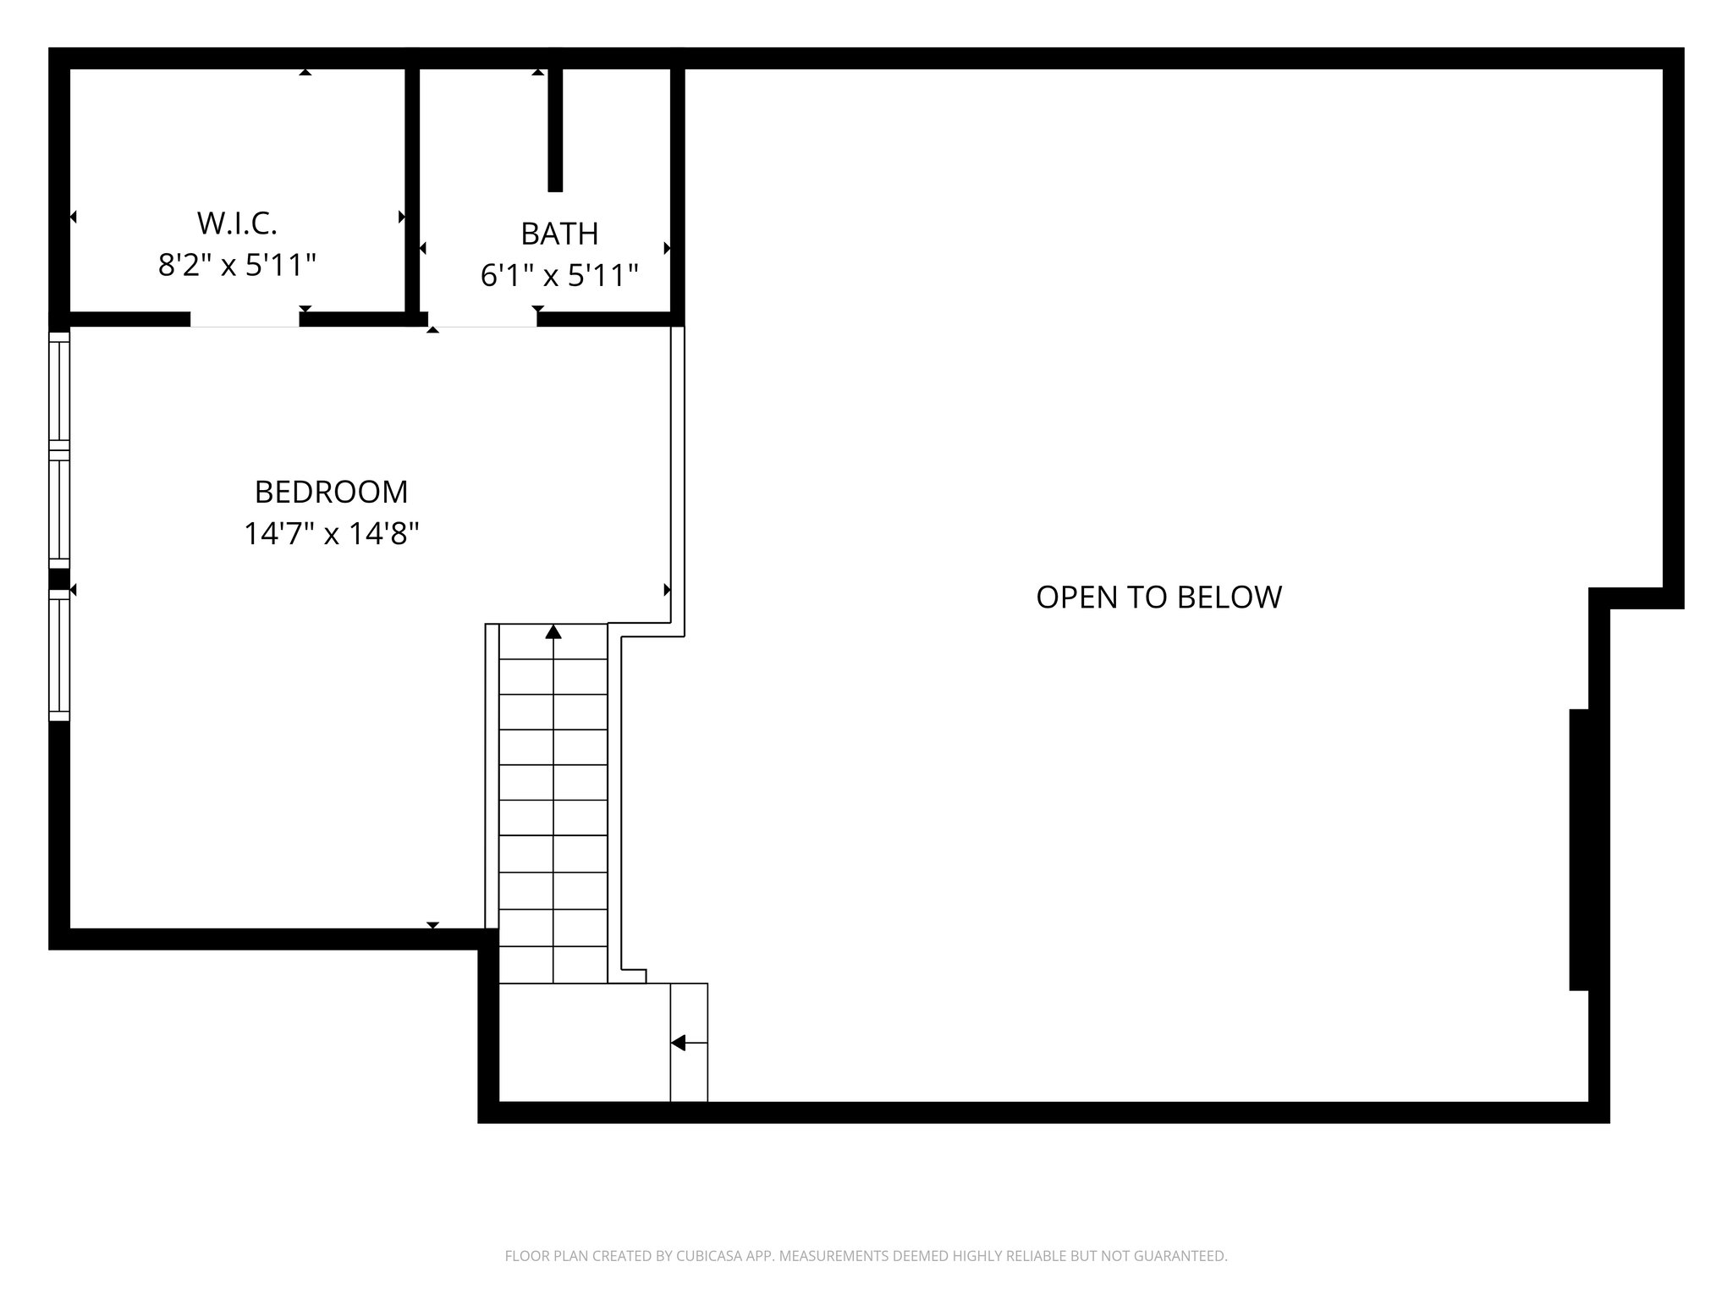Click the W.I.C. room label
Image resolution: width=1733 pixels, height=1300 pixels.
pyautogui.click(x=237, y=223)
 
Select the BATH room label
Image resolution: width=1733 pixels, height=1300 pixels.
pyautogui.click(x=559, y=233)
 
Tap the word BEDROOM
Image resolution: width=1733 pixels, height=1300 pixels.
pyautogui.click(x=331, y=492)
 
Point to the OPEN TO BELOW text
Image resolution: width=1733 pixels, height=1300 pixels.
pyautogui.click(x=1158, y=597)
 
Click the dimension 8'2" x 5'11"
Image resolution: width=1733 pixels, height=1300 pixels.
pyautogui.click(x=237, y=266)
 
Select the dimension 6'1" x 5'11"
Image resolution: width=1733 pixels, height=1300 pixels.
pyautogui.click(x=559, y=275)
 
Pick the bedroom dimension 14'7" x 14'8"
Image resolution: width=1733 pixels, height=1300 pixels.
pyautogui.click(x=331, y=534)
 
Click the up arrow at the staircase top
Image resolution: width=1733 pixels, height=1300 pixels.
pyautogui.click(x=553, y=631)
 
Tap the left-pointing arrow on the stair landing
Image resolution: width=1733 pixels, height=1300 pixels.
pyautogui.click(x=678, y=1043)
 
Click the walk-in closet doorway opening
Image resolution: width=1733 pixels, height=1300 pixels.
pyautogui.click(x=245, y=320)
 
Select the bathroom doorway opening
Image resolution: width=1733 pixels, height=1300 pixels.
pyautogui.click(x=482, y=320)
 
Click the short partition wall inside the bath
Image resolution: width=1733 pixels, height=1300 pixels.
pyautogui.click(x=555, y=127)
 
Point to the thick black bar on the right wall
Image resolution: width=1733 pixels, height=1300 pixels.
pyautogui.click(x=1579, y=849)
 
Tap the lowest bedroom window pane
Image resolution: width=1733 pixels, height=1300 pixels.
pyautogui.click(x=59, y=654)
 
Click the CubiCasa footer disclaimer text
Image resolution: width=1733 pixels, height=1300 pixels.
pyautogui.click(x=866, y=1256)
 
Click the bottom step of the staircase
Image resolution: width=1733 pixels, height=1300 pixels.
pyautogui.click(x=553, y=965)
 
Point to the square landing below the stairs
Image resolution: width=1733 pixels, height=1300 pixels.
pyautogui.click(x=584, y=1042)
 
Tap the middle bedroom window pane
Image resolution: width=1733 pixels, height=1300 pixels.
pyautogui.click(x=59, y=510)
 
